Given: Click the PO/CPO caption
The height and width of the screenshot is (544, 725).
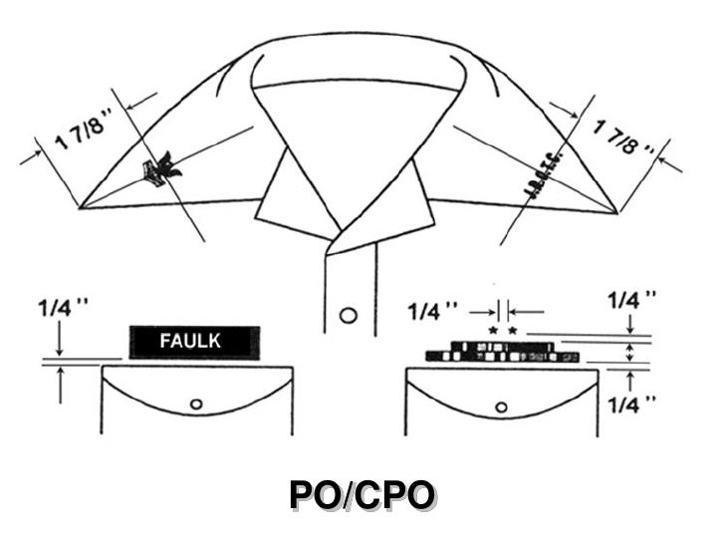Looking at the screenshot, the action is coord(362,496).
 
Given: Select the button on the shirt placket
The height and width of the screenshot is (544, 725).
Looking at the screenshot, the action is coord(348,316).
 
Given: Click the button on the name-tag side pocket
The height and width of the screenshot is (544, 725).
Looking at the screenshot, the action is coord(196,404).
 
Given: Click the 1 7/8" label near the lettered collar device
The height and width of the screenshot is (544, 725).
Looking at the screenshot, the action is coord(625,137).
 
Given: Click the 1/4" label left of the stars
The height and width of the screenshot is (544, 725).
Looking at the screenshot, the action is coord(435,311).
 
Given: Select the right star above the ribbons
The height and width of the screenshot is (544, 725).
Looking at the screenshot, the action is coord(513,328).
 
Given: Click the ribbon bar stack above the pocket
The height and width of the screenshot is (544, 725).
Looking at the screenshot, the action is coord(502,351).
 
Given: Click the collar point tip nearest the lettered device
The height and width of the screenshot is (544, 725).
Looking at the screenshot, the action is coord(614,211).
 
